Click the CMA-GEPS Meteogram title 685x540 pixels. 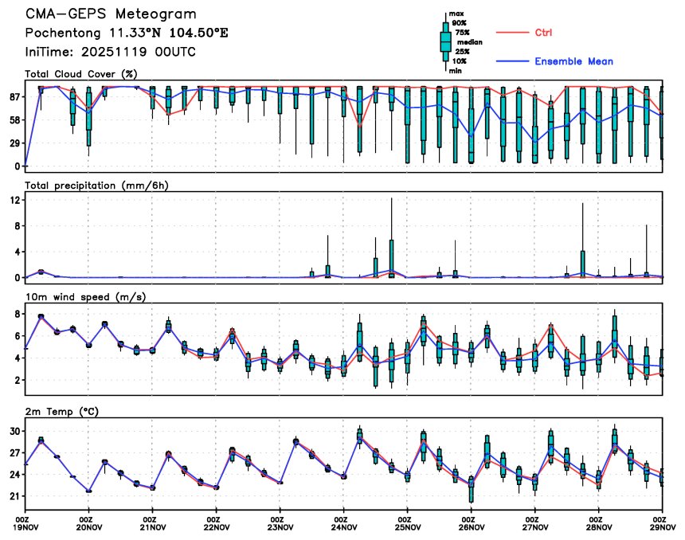(x=110, y=14)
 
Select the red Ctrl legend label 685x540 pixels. (x=543, y=32)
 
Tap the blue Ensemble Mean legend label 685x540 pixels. (x=573, y=61)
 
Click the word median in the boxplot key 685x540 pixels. (x=470, y=42)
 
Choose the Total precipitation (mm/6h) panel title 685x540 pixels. (x=96, y=185)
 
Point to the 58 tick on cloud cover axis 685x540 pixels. (x=14, y=119)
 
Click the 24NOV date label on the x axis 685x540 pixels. (x=343, y=526)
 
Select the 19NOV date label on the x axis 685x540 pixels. (x=25, y=526)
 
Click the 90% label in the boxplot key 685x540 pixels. (x=460, y=23)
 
